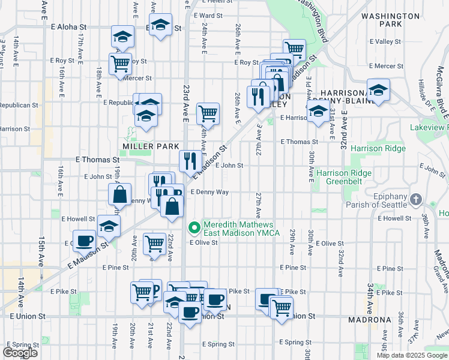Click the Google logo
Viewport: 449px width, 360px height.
pyautogui.click(x=20, y=353)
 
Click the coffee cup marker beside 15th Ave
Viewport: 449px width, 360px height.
pyautogui.click(x=85, y=241)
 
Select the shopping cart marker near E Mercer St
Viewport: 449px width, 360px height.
pyautogui.click(x=120, y=63)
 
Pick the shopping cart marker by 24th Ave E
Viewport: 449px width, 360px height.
pyautogui.click(x=208, y=113)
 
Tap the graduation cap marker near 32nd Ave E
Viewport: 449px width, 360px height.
pyautogui.click(x=378, y=90)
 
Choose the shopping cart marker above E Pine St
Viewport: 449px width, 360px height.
pyautogui.click(x=155, y=244)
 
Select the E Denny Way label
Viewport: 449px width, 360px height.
pyautogui.click(x=209, y=192)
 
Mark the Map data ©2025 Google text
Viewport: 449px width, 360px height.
pyautogui.click(x=411, y=355)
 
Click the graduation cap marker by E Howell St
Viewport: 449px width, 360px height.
pyautogui.click(x=109, y=226)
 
